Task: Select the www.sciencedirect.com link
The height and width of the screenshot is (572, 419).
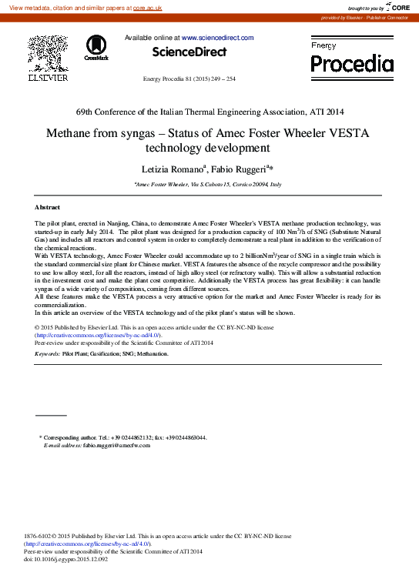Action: click(x=217, y=37)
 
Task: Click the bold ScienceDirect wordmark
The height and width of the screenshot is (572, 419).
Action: click(x=189, y=52)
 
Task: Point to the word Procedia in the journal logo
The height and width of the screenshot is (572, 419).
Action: click(x=352, y=63)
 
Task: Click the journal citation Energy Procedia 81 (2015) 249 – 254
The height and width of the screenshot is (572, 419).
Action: click(x=189, y=79)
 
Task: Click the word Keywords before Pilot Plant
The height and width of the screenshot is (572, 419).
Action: click(x=48, y=353)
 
